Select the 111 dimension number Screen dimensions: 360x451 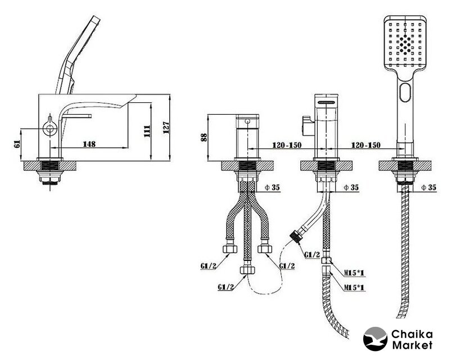148,132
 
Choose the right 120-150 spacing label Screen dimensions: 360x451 365,145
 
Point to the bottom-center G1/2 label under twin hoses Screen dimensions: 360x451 225,287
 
